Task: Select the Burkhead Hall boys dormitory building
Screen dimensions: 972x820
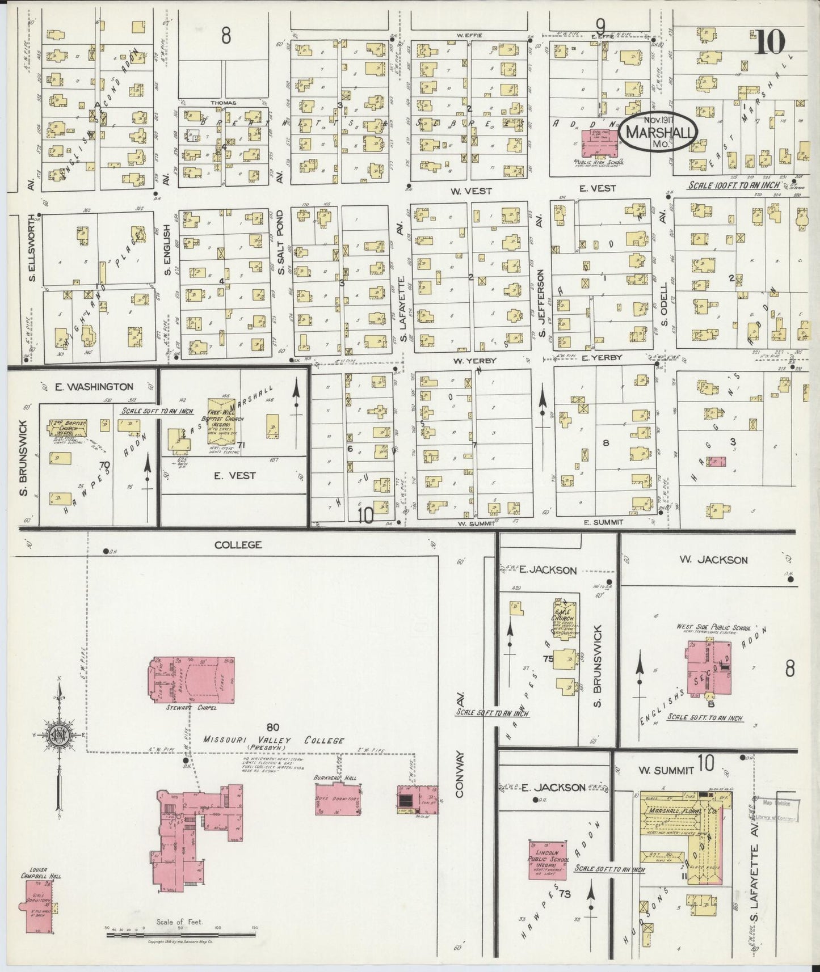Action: coord(339,801)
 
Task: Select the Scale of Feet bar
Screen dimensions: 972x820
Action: coord(180,931)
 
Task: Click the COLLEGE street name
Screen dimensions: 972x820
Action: coord(238,545)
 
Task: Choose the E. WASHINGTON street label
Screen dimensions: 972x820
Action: coord(94,387)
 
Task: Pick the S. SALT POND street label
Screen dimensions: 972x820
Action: coord(280,243)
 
